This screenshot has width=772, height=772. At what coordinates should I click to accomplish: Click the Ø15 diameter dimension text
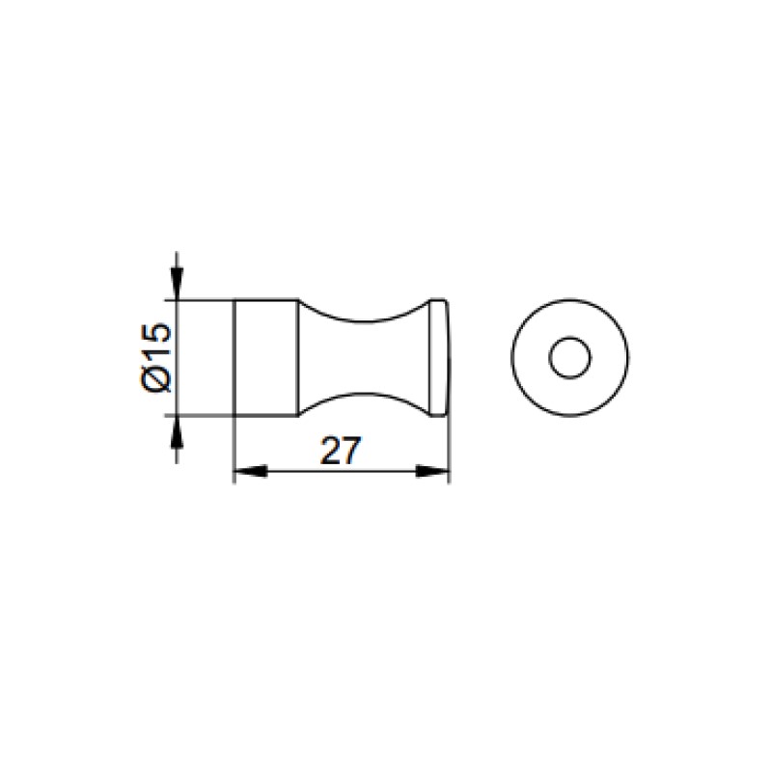(156, 358)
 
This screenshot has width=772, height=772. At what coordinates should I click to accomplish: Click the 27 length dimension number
(341, 450)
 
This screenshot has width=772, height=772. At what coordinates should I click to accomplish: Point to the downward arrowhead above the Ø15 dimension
(177, 283)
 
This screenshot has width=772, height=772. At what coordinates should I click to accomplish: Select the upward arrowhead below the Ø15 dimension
(177, 432)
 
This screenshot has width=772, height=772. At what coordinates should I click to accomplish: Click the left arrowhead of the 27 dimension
(250, 472)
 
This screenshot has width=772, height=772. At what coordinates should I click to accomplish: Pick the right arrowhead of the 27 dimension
(432, 472)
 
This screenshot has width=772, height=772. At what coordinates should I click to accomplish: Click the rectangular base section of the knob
(266, 358)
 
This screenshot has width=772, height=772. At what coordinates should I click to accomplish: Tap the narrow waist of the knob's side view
(365, 358)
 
